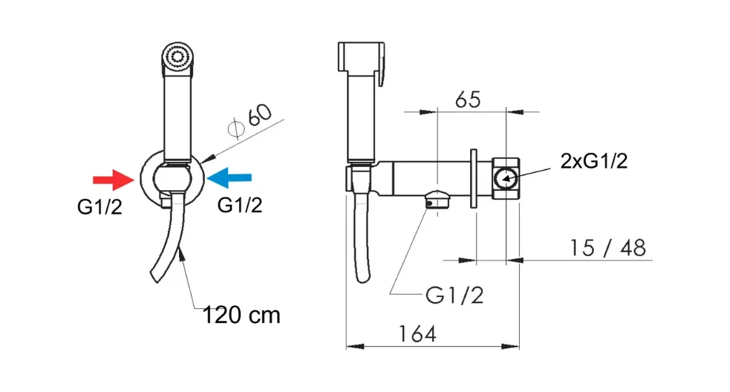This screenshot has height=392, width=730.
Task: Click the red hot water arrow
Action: [x=113, y=180]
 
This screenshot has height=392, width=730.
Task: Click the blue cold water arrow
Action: [x=229, y=177]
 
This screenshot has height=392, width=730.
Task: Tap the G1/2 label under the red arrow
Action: [x=100, y=207]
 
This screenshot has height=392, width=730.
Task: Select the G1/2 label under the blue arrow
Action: [x=240, y=205]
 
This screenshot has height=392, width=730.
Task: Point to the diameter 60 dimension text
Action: [x=250, y=120]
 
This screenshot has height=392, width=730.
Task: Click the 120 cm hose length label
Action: [x=241, y=316]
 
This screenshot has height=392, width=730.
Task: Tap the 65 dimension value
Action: [x=468, y=99]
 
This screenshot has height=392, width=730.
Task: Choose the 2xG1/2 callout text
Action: [x=594, y=161]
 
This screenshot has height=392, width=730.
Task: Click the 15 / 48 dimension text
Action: [x=608, y=248]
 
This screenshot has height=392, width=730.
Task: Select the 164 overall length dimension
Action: [x=417, y=334]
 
